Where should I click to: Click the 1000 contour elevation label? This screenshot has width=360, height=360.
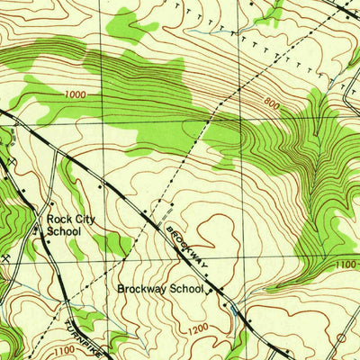click(76, 94)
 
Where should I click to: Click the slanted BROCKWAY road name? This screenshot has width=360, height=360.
click(186, 246)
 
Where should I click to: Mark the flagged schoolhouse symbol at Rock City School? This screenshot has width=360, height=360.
click(37, 229)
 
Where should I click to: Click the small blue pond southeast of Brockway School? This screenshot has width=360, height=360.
click(236, 310)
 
